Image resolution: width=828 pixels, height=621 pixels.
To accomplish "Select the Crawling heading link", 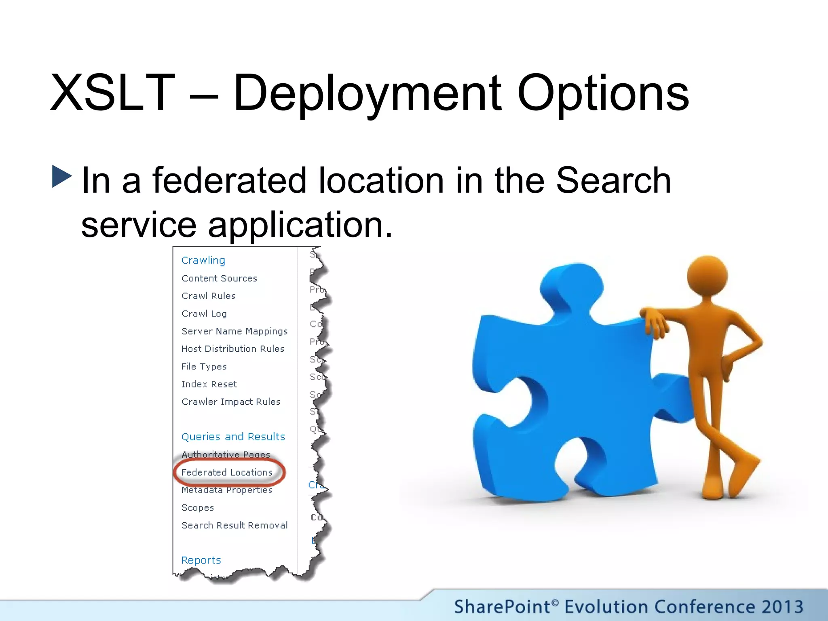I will coord(203,260).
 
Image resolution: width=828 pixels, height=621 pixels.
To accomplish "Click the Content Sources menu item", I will coord(219,278).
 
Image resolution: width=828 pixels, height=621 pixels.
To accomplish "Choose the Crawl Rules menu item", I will coord(208,296).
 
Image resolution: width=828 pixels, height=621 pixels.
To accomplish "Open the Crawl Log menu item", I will coord(204,314).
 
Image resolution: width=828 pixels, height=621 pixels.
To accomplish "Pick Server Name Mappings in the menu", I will coord(234,331).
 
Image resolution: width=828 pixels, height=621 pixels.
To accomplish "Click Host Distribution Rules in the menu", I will coord(233,349).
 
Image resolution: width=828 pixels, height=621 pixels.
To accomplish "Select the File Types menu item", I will coord(204,367).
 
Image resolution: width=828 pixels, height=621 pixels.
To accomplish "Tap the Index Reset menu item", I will coord(209,384).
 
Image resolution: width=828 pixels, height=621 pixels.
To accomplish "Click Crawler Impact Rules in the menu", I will coord(231,402).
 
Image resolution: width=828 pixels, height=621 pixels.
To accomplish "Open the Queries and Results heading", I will coord(233,437).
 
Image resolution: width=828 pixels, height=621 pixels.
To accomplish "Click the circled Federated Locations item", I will coord(227,472).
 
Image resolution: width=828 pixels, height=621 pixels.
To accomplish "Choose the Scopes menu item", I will coord(198,508).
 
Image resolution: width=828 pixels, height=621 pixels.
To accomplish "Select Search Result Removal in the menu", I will coord(234,525).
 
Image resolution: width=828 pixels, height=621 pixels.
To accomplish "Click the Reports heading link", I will coord(201,560).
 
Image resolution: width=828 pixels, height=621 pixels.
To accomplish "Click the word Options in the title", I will coord(603,94).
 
